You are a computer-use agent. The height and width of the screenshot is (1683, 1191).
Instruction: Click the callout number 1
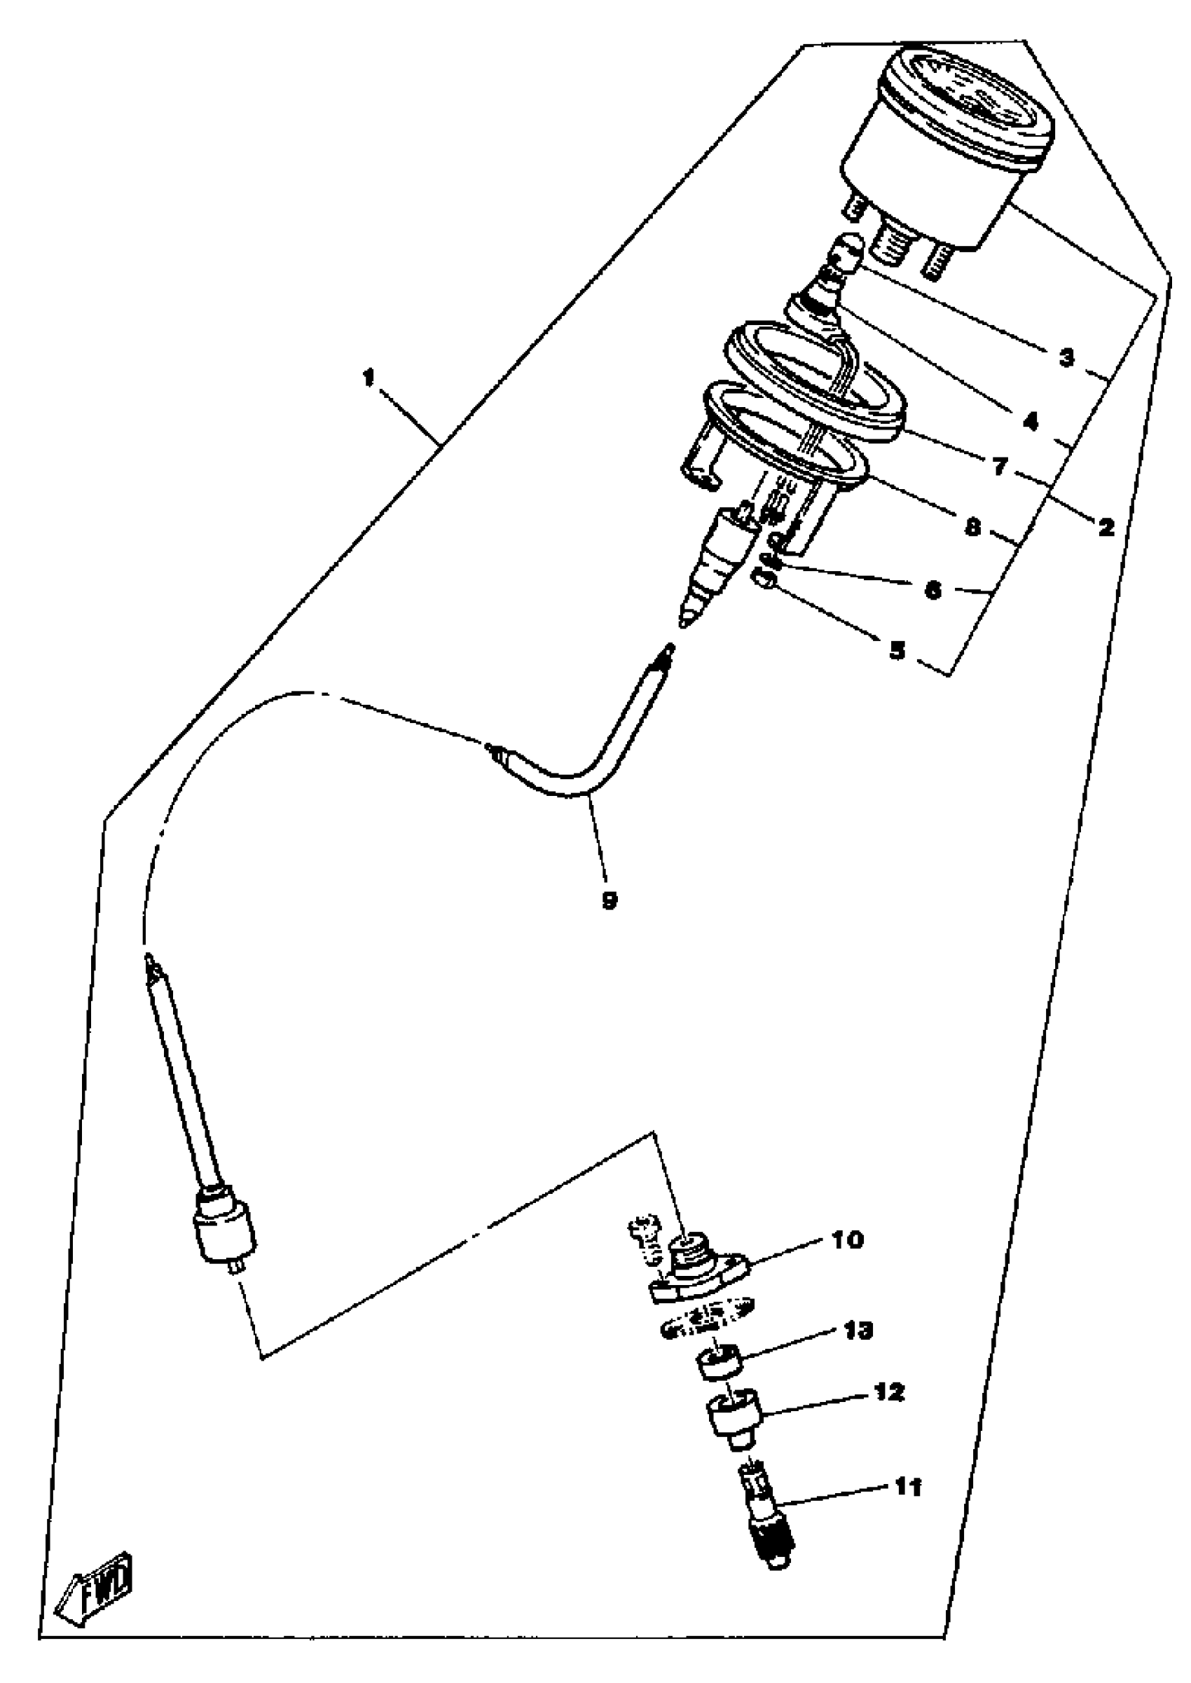pos(368,378)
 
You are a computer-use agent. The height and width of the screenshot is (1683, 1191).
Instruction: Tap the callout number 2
pos(1106,525)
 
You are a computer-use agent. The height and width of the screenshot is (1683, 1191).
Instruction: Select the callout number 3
pos(1066,358)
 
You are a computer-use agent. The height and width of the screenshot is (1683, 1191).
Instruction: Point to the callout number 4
pos(1031,421)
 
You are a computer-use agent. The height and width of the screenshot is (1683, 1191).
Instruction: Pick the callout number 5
pos(897,650)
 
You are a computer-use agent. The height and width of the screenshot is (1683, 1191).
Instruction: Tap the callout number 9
pos(609,899)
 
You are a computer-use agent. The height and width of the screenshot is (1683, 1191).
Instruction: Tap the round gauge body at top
pos(946,146)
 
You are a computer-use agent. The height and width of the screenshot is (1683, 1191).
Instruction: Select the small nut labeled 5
pos(764,581)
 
